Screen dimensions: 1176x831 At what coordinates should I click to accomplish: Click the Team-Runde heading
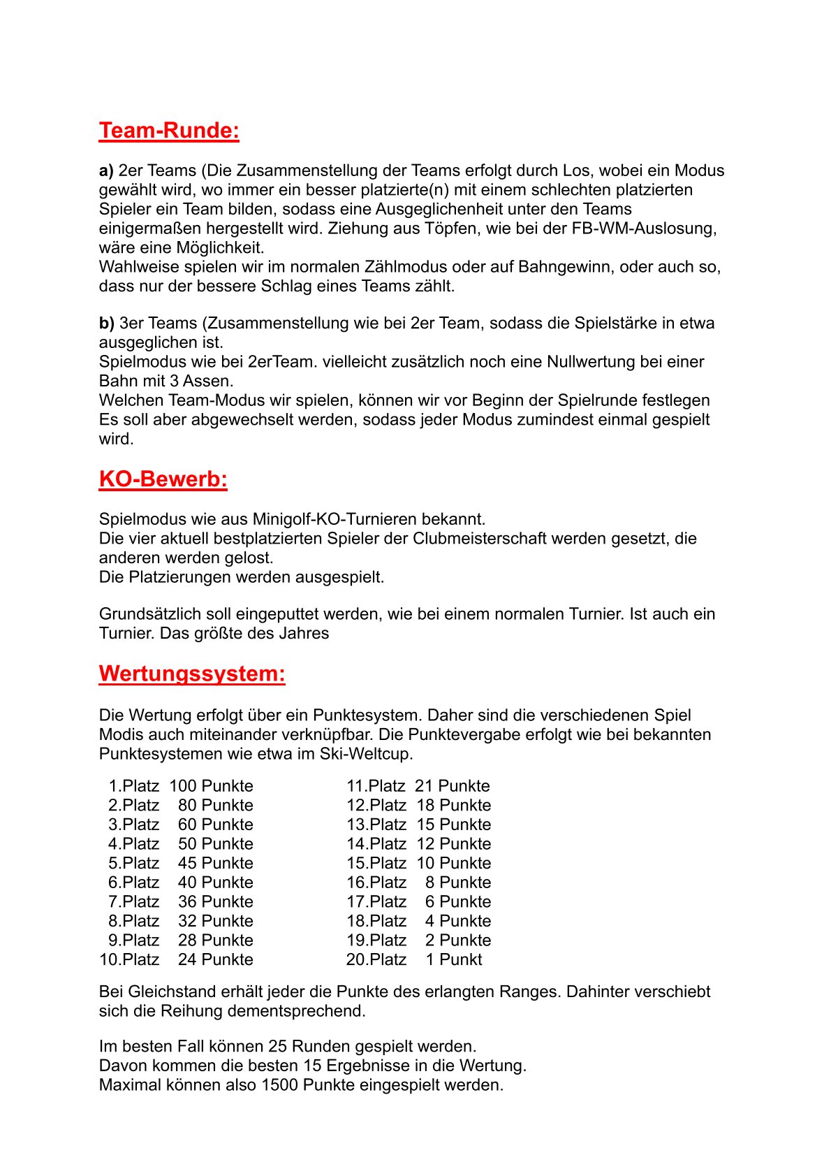(x=169, y=131)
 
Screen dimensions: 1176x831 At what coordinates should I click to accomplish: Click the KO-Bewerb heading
(x=163, y=479)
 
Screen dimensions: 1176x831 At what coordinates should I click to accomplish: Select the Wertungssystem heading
(x=192, y=674)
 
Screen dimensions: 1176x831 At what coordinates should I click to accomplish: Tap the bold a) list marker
(x=106, y=170)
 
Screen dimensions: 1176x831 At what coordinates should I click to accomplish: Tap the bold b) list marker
(x=106, y=323)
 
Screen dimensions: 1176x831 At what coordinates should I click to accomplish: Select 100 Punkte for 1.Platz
(x=211, y=786)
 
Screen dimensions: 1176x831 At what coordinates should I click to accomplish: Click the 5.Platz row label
(x=133, y=863)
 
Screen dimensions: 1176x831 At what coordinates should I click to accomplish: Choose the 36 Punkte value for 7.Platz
(x=215, y=902)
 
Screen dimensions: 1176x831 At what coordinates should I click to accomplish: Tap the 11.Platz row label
(x=376, y=786)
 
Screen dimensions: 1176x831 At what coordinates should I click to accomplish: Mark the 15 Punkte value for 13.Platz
(x=454, y=825)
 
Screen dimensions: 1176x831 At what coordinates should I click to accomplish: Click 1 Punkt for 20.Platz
(x=454, y=959)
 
